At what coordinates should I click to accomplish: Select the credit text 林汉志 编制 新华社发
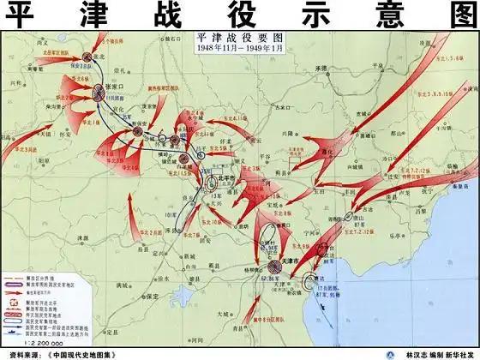pos(433,353)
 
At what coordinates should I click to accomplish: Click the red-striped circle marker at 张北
pos(88,56)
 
